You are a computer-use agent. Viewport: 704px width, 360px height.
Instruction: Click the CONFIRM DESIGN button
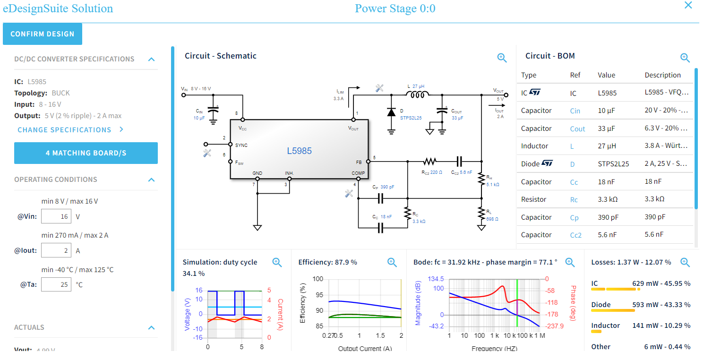[x=43, y=34]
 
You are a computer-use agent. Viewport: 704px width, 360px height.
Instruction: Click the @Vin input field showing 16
[x=56, y=216]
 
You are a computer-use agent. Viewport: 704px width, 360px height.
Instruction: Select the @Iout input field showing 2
[x=56, y=250]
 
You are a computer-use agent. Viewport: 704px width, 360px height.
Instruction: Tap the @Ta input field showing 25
[x=56, y=284]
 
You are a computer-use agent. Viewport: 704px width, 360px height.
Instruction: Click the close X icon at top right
[x=688, y=6]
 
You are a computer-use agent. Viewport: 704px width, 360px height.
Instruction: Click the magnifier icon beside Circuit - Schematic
[x=502, y=58]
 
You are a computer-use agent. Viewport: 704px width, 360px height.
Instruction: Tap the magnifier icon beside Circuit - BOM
[x=685, y=58]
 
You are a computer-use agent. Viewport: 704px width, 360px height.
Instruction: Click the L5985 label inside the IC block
[x=300, y=151]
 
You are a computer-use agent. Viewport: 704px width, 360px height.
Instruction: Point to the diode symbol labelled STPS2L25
[x=391, y=112]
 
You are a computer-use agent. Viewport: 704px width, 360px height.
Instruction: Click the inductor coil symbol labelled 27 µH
[x=417, y=95]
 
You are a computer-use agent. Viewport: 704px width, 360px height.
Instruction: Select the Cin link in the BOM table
[x=575, y=111]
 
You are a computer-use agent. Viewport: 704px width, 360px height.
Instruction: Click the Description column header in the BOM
[x=662, y=75]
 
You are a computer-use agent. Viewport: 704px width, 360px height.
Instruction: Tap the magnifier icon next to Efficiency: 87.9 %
[x=392, y=263]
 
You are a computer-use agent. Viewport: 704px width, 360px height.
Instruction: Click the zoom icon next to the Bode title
[x=570, y=263]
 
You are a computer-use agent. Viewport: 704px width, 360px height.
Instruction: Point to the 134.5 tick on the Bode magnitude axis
[x=435, y=279]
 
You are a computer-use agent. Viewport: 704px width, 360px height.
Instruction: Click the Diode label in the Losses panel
[x=601, y=305]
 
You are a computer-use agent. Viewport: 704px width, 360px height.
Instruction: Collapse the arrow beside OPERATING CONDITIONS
[x=151, y=180]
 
